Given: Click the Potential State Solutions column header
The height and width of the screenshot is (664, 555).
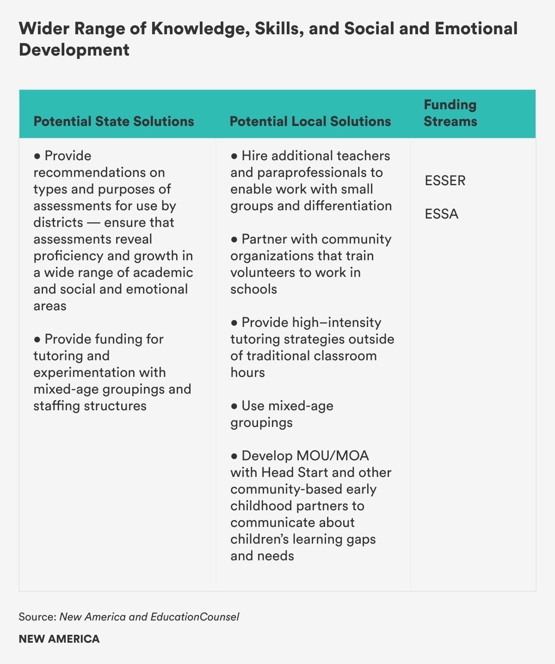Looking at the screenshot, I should coord(114,121).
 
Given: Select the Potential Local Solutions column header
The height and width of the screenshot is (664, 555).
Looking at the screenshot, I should coord(310,121).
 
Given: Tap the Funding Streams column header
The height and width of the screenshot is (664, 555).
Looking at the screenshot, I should coord(450,113).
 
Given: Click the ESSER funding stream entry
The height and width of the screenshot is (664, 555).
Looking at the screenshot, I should coord(445,181).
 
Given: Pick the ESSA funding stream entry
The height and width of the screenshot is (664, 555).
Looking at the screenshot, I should coord(442,214).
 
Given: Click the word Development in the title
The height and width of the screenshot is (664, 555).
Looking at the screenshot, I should coord(74,50).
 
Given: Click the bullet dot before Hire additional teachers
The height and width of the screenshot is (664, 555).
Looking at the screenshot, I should coord(234,156).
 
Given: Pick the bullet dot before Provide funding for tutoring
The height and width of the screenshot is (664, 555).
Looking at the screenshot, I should coord(37,339).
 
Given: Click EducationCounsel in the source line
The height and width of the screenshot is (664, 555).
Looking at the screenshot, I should coord(195,617).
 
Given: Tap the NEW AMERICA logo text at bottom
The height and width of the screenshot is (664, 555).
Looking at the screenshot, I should coord(59,639).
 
